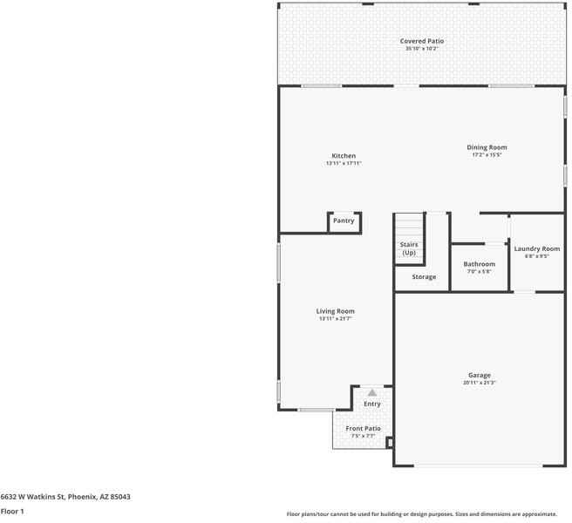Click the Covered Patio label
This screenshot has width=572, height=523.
click(422, 41)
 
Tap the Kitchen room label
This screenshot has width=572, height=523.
click(343, 156)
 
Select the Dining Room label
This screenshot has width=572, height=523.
click(487, 147)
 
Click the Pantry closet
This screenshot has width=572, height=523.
click(344, 221)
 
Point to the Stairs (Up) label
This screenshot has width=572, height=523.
click(408, 248)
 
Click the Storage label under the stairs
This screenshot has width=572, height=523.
click(424, 277)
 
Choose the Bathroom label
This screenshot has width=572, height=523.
click(479, 264)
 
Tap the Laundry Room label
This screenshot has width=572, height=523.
click(536, 248)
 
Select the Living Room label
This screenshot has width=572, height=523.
click(335, 311)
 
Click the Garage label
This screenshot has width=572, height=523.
click(480, 375)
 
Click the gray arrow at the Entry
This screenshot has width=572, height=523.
click(372, 393)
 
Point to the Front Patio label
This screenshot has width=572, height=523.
click(363, 428)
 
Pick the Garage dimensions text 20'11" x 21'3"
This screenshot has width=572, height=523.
click(480, 383)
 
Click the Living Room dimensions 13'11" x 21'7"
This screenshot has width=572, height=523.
click(335, 319)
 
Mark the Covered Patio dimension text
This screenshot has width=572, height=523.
click(422, 49)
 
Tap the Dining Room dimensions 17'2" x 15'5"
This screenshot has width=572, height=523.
click(487, 155)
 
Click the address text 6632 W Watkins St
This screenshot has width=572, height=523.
click(65, 496)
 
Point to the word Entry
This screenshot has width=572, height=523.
click(372, 404)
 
